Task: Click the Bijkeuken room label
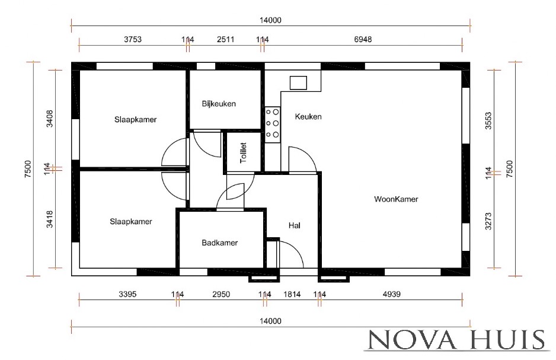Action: pos(219,104)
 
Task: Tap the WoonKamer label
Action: pos(396,199)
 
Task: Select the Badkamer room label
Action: pos(219,243)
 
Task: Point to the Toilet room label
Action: pos(243,153)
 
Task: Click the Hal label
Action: pos(295,225)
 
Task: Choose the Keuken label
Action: pos(308,117)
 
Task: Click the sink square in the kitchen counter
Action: pos(298,82)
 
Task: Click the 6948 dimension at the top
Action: pos(363,39)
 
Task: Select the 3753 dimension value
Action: pos(133,39)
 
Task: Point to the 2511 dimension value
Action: pos(225,39)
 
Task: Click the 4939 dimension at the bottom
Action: pos(391,294)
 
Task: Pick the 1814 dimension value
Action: pos(292,294)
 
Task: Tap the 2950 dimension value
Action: pos(221,294)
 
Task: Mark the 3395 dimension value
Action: pos(127,294)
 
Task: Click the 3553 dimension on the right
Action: pos(488,120)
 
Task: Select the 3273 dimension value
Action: pos(488,221)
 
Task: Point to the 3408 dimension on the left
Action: pos(50,119)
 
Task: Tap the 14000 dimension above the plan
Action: pos(270,20)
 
